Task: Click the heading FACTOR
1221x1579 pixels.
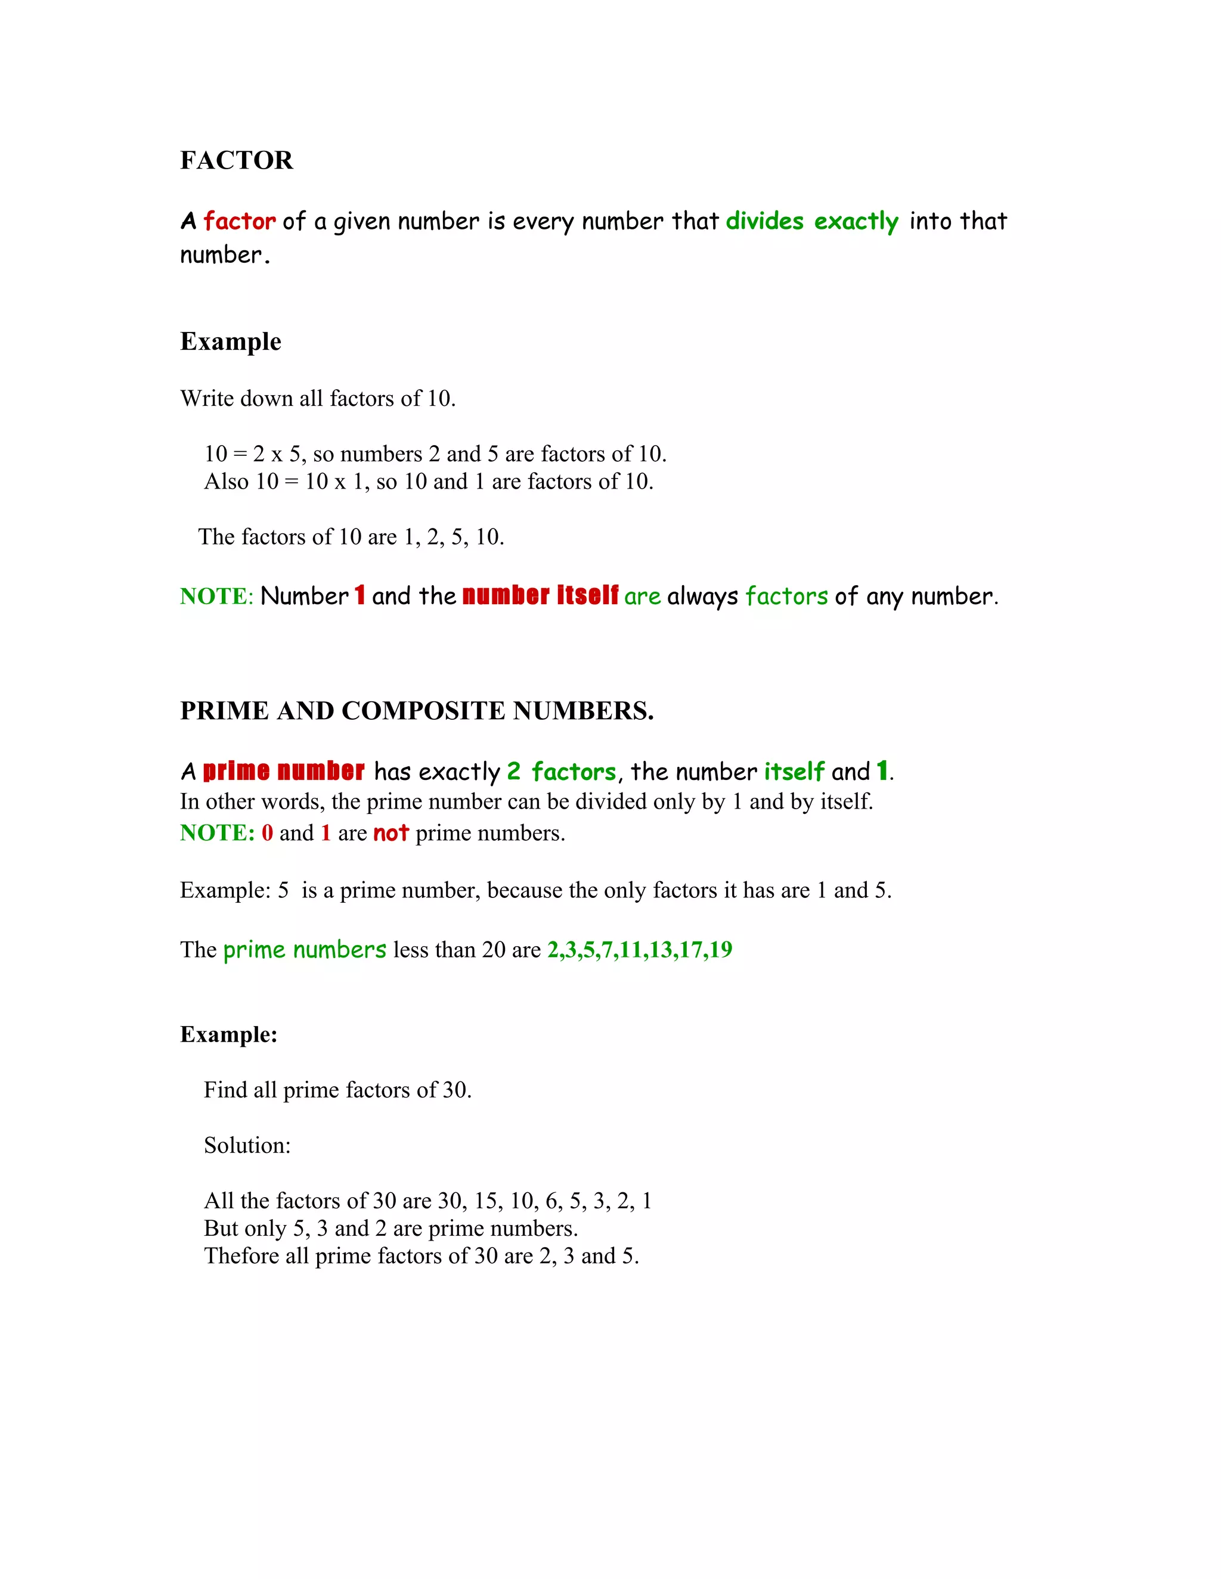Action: (237, 160)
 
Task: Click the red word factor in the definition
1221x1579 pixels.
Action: (240, 221)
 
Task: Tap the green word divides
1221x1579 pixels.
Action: (764, 221)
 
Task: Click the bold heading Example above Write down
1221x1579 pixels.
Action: (231, 342)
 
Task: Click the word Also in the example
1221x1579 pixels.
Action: (227, 481)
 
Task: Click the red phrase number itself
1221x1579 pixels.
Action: (540, 596)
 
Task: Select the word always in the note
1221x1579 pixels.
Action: (702, 597)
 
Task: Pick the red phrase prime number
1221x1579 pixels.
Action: (284, 772)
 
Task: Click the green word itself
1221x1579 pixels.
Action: (794, 772)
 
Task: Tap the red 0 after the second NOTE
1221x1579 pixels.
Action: (267, 834)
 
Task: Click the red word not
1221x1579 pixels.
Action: (391, 834)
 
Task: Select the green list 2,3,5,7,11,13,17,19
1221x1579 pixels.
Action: (640, 950)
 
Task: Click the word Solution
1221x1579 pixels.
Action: (247, 1146)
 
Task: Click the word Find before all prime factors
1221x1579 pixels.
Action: (225, 1090)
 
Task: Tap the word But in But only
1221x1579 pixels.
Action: (221, 1229)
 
